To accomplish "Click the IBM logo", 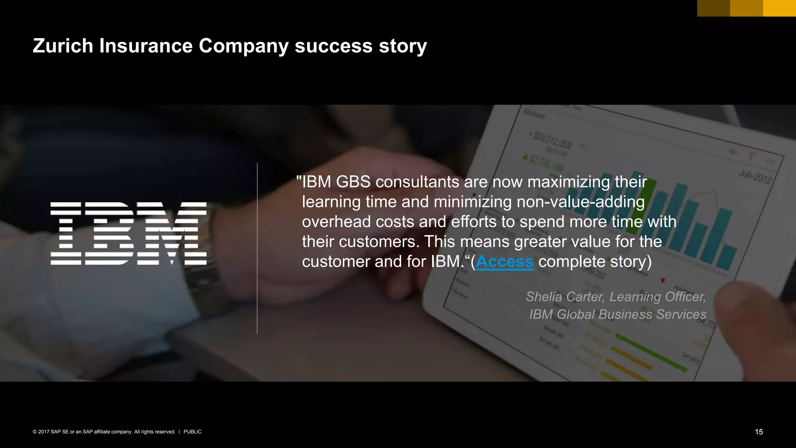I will pos(128,233).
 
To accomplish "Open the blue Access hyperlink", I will pos(504,262).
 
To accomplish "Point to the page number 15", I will pos(759,432).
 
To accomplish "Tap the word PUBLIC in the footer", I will pos(192,432).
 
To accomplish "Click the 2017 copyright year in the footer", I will pos(44,432).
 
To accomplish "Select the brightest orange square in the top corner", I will pos(779,8).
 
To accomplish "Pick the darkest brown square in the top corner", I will pos(714,8).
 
